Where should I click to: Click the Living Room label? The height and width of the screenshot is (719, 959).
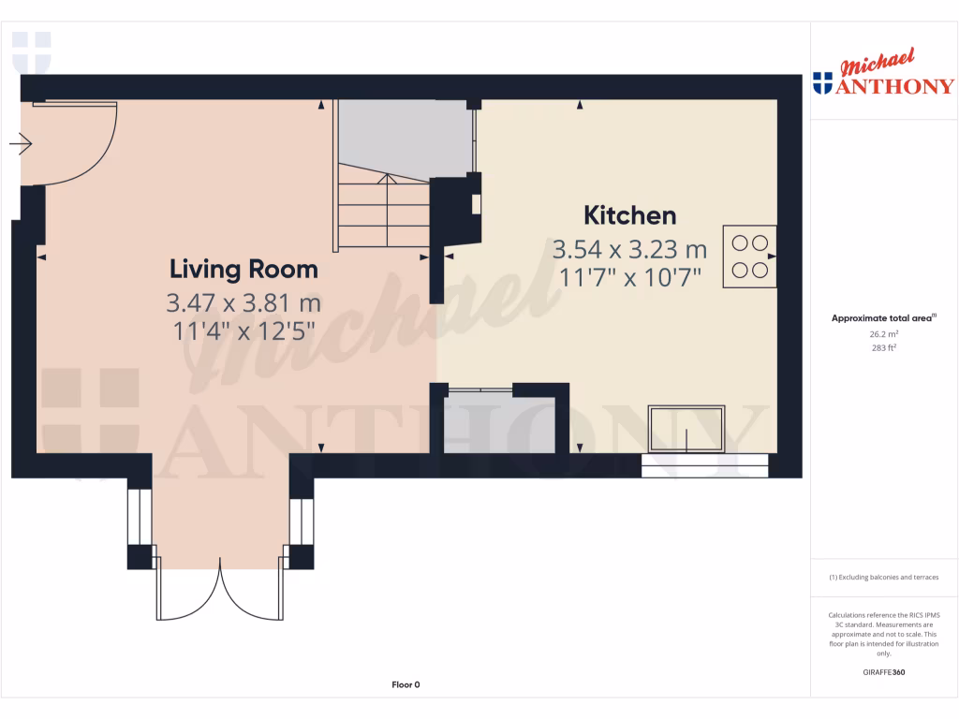243,270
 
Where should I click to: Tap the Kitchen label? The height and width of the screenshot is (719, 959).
629,215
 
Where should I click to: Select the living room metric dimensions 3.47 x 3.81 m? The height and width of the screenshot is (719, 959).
243,303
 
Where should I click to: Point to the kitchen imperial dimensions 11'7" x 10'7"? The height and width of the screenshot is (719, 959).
629,277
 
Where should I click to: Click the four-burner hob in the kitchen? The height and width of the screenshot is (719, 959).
749,257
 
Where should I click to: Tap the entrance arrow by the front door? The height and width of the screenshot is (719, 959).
21,144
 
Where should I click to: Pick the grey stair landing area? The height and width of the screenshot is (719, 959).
403,139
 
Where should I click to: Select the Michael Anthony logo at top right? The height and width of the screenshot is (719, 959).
883,75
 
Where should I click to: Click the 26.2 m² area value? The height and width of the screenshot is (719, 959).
883,333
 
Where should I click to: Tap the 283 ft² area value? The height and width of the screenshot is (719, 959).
883,347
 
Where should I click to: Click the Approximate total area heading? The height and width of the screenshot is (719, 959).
883,318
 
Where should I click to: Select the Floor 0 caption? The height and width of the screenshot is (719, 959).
406,685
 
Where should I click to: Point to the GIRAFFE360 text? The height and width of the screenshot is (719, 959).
883,672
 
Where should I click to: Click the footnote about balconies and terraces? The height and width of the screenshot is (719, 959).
883,578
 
